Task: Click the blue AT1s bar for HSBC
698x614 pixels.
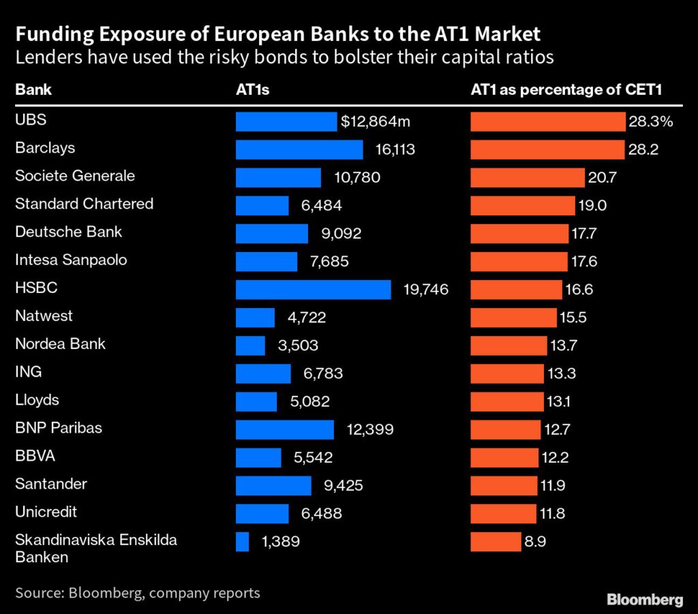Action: coord(313,289)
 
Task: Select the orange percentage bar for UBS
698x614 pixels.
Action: coord(548,121)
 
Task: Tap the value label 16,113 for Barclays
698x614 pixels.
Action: coord(395,149)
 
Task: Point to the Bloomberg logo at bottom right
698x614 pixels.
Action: coord(644,600)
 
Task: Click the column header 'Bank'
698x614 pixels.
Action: coord(33,90)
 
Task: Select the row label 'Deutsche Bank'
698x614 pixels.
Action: coord(68,232)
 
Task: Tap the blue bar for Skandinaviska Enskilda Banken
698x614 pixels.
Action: coord(242,542)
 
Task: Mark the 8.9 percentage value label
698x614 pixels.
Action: coord(536,542)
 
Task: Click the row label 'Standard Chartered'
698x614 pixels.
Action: coord(84,204)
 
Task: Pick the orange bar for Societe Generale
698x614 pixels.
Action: coord(528,177)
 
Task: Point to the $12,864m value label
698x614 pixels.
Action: coord(376,122)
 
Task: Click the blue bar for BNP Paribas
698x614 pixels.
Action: coord(284,429)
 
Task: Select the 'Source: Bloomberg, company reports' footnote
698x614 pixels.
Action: coord(137,593)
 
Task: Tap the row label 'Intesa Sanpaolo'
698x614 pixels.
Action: coord(71,260)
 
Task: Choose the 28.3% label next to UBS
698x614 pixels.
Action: coord(651,122)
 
